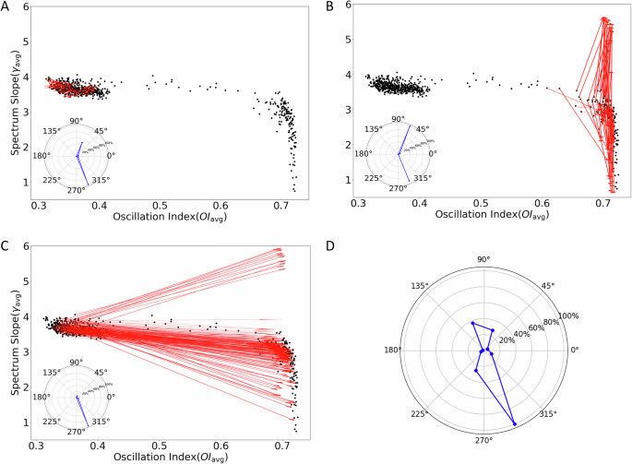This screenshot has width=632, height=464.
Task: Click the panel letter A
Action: pyautogui.click(x=6, y=7)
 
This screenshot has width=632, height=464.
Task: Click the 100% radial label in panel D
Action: pyautogui.click(x=566, y=316)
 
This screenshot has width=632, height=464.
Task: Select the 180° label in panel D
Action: pyautogui.click(x=393, y=351)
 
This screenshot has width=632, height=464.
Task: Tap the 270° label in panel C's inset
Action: pyautogui.click(x=78, y=432)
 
